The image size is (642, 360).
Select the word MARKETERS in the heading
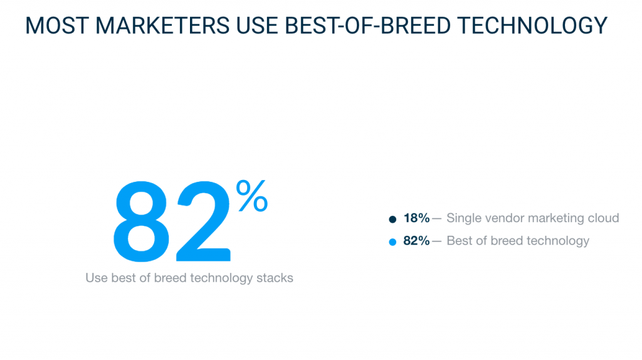click(162, 25)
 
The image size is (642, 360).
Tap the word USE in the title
click(256, 25)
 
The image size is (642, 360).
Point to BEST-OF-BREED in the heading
click(367, 25)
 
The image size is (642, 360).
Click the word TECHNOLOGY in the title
click(532, 25)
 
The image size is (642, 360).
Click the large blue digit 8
click(141, 221)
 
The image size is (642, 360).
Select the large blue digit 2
click(204, 221)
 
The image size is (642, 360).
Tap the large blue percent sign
click(252, 196)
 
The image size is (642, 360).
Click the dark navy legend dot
click(392, 219)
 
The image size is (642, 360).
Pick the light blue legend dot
click(392, 242)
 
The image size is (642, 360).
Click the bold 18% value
click(416, 218)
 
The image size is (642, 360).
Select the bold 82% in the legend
click(416, 241)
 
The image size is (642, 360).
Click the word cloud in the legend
click(604, 218)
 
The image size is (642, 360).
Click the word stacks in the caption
click(275, 278)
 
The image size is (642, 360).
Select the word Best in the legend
click(460, 241)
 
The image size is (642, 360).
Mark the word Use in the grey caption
click(97, 278)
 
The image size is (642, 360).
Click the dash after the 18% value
click(436, 219)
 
